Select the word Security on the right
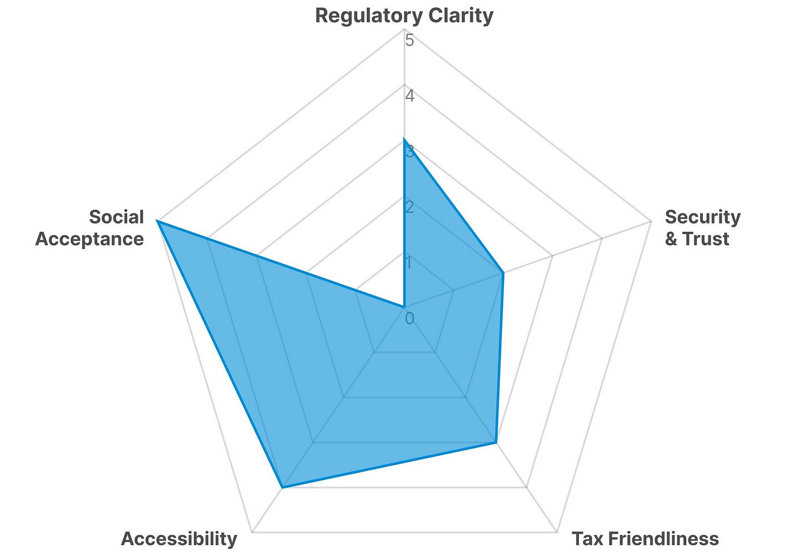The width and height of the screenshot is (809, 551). coord(702,217)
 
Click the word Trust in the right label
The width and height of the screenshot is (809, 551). coord(706,239)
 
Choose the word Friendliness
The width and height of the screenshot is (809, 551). coord(664,538)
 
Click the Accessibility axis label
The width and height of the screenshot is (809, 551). coord(179,538)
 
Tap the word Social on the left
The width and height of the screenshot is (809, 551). coord(116,217)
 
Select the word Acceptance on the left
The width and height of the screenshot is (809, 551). coord(89,239)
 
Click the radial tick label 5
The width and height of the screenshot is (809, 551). coord(410,40)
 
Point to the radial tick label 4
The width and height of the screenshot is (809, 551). coord(410,96)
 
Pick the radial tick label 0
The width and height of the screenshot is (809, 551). coord(410,319)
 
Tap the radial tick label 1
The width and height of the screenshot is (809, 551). coord(410,262)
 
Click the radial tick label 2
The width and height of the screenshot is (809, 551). coord(410,207)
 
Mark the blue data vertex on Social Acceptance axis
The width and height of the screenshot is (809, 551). coord(157,221)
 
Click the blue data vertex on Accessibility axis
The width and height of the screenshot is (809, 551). coord(282,488)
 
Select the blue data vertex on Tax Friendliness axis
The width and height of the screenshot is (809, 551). coord(496,443)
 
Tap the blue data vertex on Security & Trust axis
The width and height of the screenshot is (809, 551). coord(503,273)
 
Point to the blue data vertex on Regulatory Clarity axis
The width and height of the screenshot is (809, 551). coord(404,138)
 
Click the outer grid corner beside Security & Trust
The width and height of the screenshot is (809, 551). coord(651,221)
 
